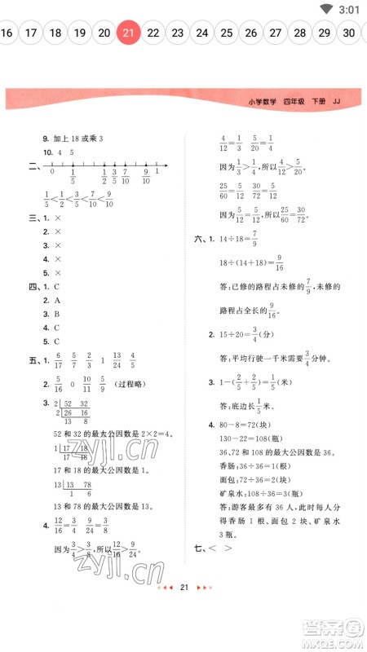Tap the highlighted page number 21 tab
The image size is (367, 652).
click(x=128, y=33)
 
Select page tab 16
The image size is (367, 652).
click(x=7, y=33)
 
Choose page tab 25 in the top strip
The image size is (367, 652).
click(x=227, y=33)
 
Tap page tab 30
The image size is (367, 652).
click(x=349, y=33)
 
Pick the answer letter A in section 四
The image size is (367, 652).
click(x=57, y=300)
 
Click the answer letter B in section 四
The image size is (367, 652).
click(x=57, y=314)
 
